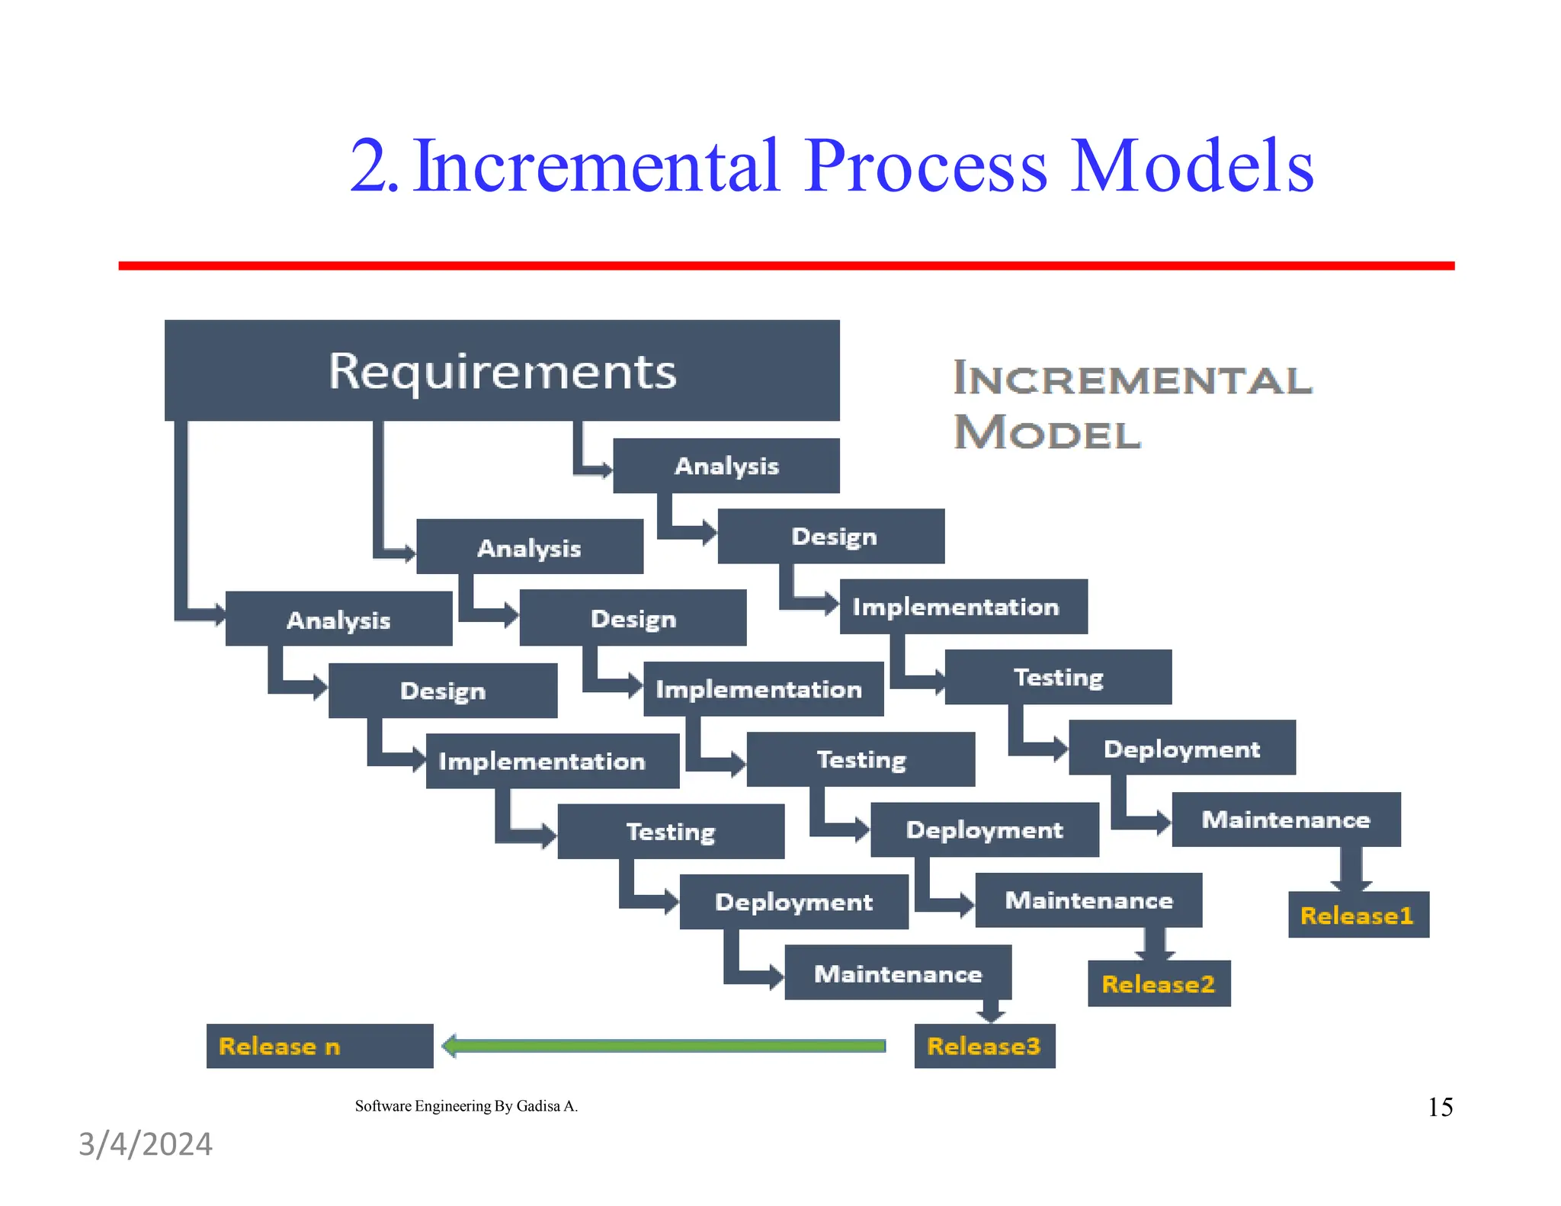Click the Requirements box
pos(502,370)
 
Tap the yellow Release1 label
pos(1357,915)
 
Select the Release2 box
pos(1159,983)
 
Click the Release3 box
pos(984,1046)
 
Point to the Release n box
pos(319,1046)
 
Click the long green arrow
pos(663,1046)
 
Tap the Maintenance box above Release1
pos(1286,820)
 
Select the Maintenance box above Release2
pos(1088,900)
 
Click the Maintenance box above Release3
pos(898,973)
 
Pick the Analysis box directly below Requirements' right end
pos(726,466)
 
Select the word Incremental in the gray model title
pos(1133,379)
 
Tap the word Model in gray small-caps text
pos(1047,433)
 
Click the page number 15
pos(1440,1107)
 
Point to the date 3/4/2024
pos(146,1144)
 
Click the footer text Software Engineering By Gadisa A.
pos(466,1106)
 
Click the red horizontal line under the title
pos(785,265)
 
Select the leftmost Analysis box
pos(338,619)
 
